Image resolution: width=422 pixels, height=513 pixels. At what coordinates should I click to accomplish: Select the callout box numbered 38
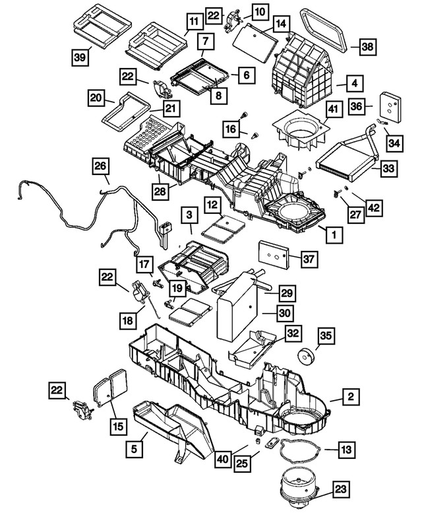click(368, 46)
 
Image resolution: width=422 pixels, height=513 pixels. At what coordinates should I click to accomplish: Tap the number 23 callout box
click(340, 489)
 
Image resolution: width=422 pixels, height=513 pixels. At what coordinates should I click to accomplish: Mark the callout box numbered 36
click(357, 106)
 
